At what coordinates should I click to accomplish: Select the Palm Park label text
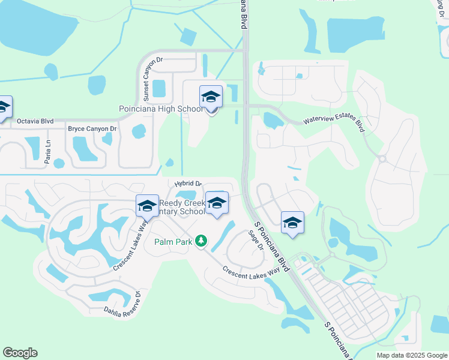click(172, 242)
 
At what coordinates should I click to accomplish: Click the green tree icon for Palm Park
click(202, 241)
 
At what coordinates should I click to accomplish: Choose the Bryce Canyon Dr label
click(92, 129)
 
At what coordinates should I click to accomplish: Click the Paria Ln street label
click(50, 146)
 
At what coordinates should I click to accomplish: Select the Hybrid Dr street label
click(188, 184)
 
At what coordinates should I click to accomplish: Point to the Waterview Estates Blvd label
click(334, 124)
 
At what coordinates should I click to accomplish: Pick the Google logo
click(20, 353)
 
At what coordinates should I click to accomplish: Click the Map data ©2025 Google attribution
click(411, 355)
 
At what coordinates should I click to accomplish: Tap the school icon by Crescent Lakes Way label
click(147, 206)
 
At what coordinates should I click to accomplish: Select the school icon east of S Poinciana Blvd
click(292, 222)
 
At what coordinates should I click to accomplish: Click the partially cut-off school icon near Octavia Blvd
click(4, 107)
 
